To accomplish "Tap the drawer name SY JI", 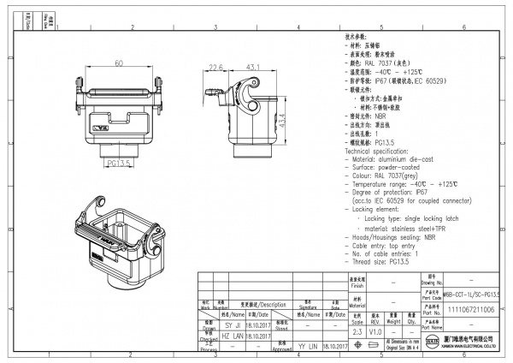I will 233,326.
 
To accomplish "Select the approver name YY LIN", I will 306,347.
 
